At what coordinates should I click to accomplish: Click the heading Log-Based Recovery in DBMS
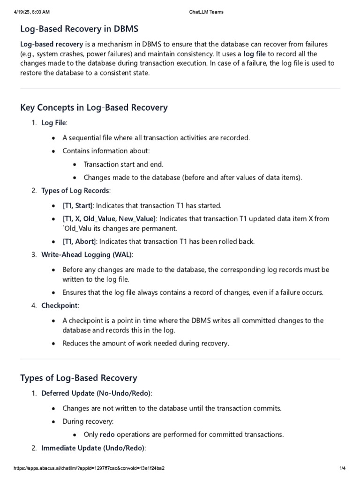pos(79,29)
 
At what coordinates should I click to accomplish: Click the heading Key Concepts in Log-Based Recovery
pos(94,108)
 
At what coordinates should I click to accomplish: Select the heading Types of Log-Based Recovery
pos(79,378)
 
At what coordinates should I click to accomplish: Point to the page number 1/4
pos(342,468)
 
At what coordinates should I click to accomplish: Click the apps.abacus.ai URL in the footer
pos(89,468)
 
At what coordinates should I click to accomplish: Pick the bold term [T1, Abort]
pos(79,241)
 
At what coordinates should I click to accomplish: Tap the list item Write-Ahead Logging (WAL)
pos(87,255)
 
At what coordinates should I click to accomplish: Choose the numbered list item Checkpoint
pos(60,306)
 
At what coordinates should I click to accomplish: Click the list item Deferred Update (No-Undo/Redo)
pos(97,393)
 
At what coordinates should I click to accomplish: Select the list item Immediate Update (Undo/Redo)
pos(94,448)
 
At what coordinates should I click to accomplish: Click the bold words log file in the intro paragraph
pos(255,54)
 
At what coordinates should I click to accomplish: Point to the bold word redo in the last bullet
pos(107,434)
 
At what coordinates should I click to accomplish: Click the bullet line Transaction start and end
pos(123,164)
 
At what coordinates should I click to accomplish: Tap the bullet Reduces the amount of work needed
pos(146,343)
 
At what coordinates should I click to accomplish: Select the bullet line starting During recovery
pos(88,421)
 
